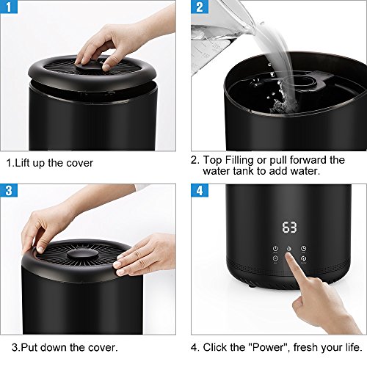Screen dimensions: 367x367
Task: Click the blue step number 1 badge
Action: (x=9, y=7)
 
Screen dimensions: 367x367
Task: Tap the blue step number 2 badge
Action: (x=200, y=7)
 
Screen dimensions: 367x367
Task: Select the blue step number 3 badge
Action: (x=9, y=190)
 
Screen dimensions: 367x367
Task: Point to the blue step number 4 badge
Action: (x=200, y=190)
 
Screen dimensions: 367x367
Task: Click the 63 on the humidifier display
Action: (x=289, y=228)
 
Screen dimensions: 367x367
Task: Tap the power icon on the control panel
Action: (x=275, y=249)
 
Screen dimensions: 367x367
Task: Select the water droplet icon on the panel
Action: (x=289, y=249)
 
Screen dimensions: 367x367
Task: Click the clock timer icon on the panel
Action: (x=303, y=249)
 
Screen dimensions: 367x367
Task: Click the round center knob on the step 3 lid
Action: (x=83, y=255)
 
